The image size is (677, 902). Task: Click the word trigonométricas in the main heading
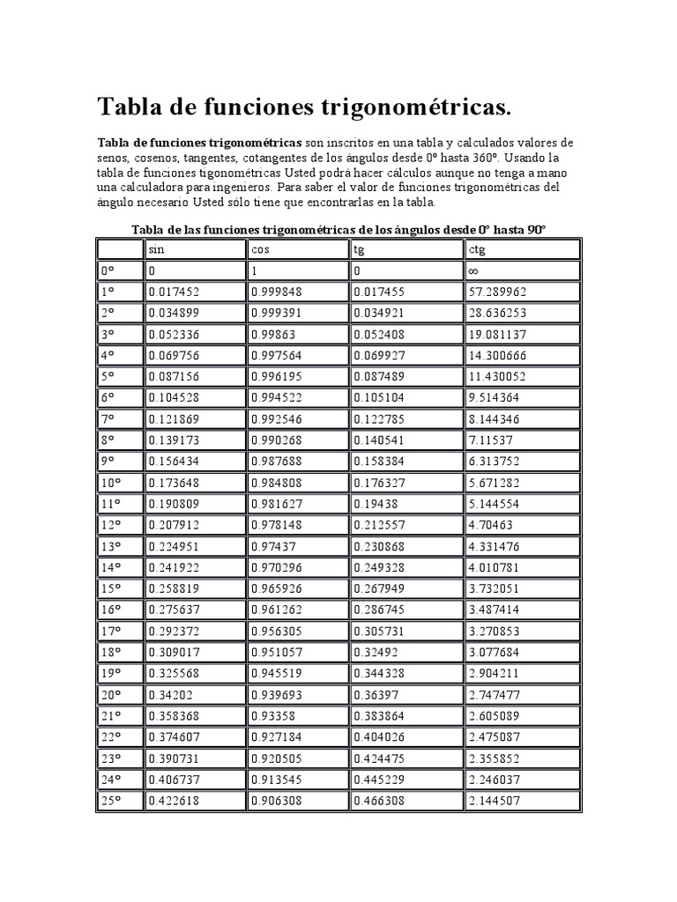pyautogui.click(x=405, y=108)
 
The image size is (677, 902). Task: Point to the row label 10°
pyautogui.click(x=110, y=483)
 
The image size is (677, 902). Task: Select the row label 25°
pyautogui.click(x=110, y=801)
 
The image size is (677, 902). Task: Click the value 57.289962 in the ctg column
pyautogui.click(x=498, y=292)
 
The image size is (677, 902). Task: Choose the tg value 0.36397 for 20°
pyautogui.click(x=378, y=695)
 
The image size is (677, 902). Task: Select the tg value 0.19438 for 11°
pyautogui.click(x=378, y=504)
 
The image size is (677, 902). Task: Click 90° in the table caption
pyautogui.click(x=535, y=229)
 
